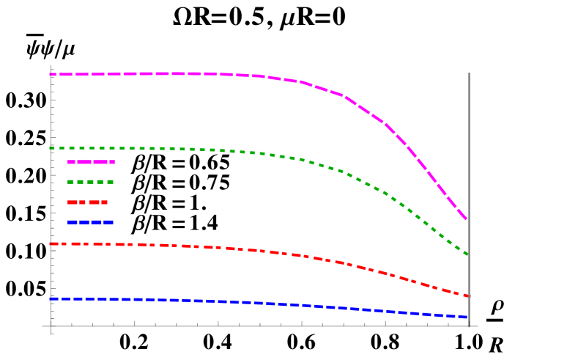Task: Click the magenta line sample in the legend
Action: coord(91,162)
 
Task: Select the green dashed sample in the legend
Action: coord(90,182)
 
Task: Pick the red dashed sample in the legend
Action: coord(88,202)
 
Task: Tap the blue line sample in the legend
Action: coord(90,221)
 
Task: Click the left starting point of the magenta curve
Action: coord(51,74)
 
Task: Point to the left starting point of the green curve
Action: coord(51,148)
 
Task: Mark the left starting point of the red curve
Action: coord(51,243)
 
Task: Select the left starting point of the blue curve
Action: coord(51,298)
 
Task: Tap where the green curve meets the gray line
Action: coord(468,254)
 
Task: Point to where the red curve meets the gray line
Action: coord(468,296)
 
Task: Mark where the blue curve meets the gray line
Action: coord(468,317)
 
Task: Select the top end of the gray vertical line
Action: coord(469,73)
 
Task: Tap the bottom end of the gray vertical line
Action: coord(469,326)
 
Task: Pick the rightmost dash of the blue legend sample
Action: coord(108,221)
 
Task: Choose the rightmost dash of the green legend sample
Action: coord(111,182)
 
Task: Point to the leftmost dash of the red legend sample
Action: coord(72,202)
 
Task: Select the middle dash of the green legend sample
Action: coord(91,182)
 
